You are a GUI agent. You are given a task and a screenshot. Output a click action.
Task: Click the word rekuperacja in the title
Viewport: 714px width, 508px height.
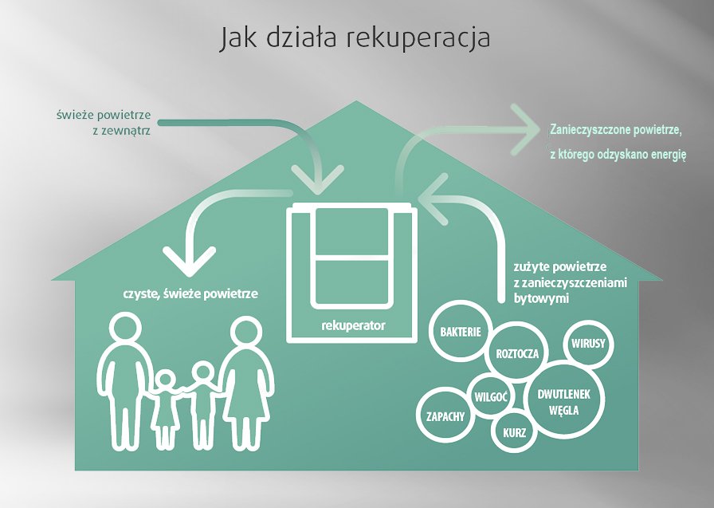(418, 38)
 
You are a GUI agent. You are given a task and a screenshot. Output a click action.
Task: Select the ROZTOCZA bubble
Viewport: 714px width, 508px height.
(516, 352)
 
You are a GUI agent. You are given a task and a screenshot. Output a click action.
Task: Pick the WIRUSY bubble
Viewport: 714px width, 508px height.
(588, 343)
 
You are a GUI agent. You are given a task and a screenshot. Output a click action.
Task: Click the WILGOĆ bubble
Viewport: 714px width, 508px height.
(491, 396)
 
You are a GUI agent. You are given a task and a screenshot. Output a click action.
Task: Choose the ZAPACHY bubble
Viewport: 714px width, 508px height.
(445, 416)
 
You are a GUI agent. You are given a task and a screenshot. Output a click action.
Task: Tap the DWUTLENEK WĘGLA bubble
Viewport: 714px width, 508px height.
(564, 401)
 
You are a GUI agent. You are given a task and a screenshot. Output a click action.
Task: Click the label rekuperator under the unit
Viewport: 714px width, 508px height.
(353, 325)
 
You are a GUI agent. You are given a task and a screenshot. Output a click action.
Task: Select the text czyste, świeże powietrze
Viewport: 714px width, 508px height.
(190, 293)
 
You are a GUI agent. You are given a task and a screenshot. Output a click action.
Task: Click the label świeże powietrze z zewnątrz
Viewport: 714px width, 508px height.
(104, 122)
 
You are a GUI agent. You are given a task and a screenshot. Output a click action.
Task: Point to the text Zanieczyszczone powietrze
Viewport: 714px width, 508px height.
(616, 129)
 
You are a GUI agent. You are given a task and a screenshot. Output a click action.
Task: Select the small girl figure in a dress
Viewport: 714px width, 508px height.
(165, 408)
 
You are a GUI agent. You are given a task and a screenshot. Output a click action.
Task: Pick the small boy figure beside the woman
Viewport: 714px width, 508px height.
(202, 404)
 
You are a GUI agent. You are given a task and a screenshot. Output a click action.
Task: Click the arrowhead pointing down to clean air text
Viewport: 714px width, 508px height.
(189, 261)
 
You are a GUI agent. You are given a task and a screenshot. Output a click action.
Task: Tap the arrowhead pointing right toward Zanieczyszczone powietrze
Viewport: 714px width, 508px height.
(527, 129)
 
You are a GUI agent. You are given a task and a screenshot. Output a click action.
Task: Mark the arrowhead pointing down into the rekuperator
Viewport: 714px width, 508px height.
(317, 179)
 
